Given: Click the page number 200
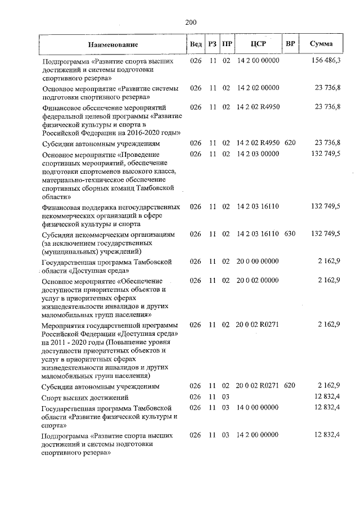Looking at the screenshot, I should click(190, 22).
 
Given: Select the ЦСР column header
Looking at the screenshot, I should click(258, 44).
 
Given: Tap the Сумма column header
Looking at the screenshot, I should click(321, 44).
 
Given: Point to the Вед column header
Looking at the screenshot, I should click(196, 44).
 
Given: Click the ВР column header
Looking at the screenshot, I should click(290, 44).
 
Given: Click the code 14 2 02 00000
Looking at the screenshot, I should click(258, 88).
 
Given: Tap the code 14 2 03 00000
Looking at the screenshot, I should click(258, 154).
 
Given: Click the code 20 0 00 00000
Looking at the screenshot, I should click(258, 262).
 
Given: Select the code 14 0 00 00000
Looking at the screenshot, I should click(258, 407).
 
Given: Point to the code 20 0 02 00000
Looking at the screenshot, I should click(258, 280).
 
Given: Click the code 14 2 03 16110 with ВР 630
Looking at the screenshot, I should click(258, 233).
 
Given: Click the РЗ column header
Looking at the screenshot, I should click(213, 44).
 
